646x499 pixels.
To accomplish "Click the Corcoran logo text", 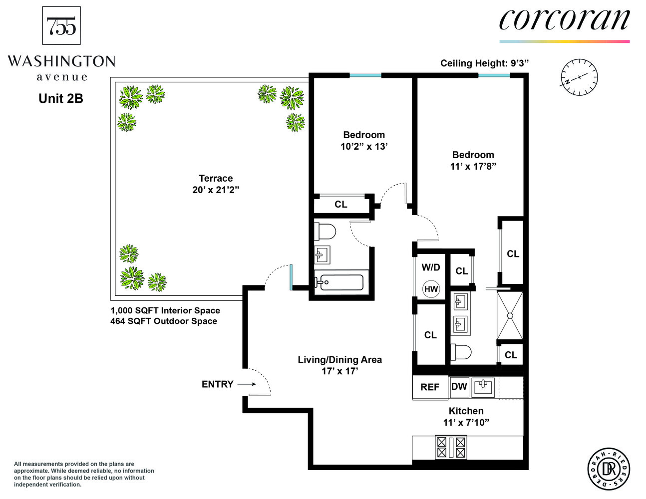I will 564,20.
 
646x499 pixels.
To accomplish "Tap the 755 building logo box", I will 61,25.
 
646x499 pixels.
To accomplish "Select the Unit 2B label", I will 60,99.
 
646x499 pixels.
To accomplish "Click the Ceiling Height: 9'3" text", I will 484,63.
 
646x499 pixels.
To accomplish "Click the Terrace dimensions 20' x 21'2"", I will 216,190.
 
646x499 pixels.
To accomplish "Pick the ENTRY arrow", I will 247,384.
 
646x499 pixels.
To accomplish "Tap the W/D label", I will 430,267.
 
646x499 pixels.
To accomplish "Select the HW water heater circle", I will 431,289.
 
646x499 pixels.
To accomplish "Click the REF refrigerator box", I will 430,387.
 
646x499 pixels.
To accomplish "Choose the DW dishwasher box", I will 459,387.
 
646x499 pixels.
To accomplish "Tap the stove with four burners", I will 451,447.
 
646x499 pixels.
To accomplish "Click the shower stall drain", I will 510,315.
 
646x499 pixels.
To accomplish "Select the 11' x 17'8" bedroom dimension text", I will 473,167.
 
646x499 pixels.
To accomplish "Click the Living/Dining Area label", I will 339,360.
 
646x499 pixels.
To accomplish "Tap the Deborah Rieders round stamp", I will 609,469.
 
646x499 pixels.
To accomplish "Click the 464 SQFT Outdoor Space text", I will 164,321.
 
